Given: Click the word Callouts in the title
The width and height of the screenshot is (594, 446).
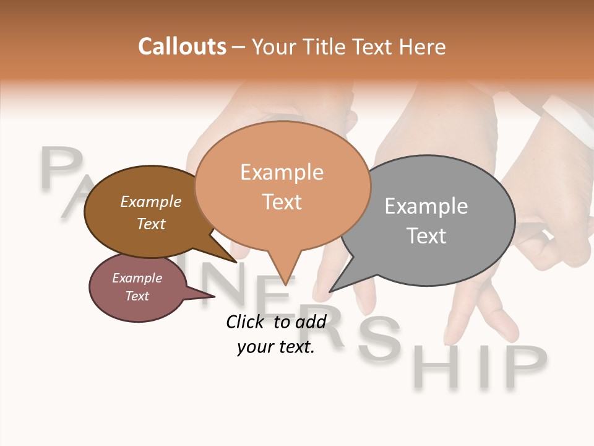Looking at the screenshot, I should tap(182, 46).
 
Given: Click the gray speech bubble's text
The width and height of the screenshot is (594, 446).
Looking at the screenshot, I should tap(426, 221).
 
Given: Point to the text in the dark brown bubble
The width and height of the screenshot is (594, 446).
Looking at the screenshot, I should tap(151, 212).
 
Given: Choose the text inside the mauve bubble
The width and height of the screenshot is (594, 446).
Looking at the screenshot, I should tap(137, 287).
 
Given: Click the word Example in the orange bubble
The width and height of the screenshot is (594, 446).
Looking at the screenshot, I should tap(282, 172).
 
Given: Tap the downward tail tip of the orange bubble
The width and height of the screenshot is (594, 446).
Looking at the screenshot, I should tap(285, 284).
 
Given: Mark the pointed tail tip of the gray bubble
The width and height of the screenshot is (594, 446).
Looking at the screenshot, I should tap(330, 291).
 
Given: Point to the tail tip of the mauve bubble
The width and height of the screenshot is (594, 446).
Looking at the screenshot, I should tap(214, 296).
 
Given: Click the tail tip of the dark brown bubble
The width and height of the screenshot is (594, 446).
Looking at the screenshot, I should tap(236, 261).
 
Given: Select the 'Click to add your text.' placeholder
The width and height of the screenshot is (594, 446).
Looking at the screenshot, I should tap(276, 334).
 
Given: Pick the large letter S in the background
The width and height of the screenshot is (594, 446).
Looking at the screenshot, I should tap(379, 340).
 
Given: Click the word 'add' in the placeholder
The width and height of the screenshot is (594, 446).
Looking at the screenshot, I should tap(310, 321).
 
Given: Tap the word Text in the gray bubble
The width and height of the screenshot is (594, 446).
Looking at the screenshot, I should tap(426, 236).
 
